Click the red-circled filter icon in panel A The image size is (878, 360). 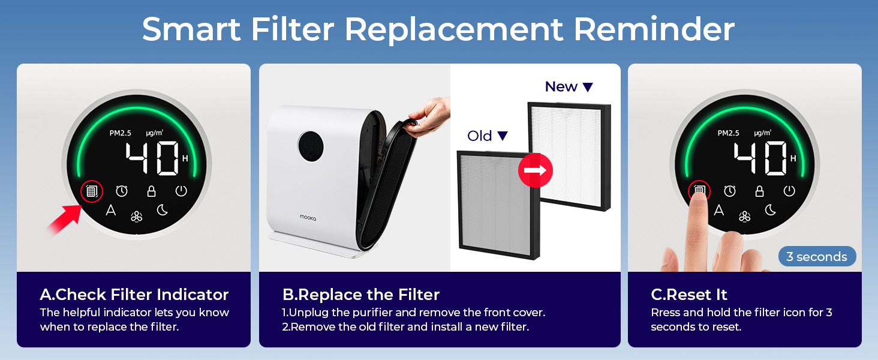[91, 191]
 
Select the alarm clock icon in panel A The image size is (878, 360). [122, 191]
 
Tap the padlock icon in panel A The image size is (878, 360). [152, 191]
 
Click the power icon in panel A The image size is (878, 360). [181, 191]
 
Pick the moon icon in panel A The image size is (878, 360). [162, 210]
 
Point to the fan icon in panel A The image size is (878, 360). [137, 216]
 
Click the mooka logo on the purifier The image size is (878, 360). [308, 217]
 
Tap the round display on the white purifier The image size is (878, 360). [310, 145]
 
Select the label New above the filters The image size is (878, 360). [561, 87]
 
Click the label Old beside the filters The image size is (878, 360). [480, 136]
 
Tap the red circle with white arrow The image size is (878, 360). [535, 170]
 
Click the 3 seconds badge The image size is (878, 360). [817, 257]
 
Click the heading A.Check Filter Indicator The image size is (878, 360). [134, 295]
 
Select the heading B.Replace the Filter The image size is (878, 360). [361, 295]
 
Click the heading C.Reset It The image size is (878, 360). [689, 295]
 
